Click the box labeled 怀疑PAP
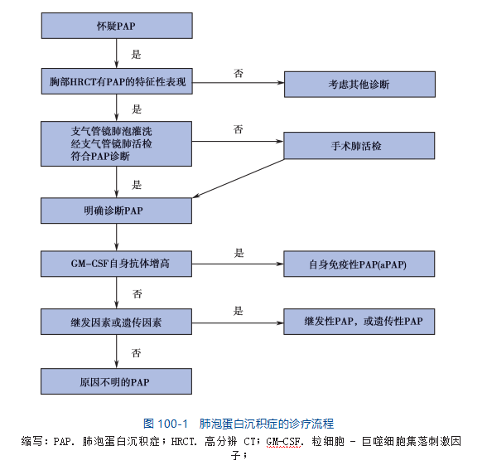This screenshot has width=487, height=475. pyautogui.click(x=117, y=26)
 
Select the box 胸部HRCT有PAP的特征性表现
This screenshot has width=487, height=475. pyautogui.click(x=117, y=81)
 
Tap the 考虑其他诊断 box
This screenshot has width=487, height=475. pyautogui.click(x=359, y=85)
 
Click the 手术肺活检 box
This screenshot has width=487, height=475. pyautogui.click(x=359, y=146)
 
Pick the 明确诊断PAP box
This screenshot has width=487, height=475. pyautogui.click(x=116, y=211)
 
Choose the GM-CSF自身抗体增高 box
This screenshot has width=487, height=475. pyautogui.click(x=116, y=264)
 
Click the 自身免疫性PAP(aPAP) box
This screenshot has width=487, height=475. pyautogui.click(x=359, y=264)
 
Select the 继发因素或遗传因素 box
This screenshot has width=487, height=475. pyautogui.click(x=116, y=322)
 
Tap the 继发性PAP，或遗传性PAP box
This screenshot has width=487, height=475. pyautogui.click(x=359, y=322)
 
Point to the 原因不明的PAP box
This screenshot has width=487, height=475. pyautogui.click(x=116, y=381)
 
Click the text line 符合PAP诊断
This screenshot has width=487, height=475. pyautogui.click(x=100, y=156)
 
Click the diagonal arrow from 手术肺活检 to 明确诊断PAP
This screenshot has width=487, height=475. pyautogui.click(x=239, y=178)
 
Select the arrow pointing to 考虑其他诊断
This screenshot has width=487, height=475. pyautogui.click(x=239, y=83)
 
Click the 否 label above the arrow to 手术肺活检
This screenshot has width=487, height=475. pyautogui.click(x=239, y=129)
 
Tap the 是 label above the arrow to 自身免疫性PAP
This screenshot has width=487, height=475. pyautogui.click(x=239, y=253)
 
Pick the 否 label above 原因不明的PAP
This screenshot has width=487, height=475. pyautogui.click(x=137, y=353)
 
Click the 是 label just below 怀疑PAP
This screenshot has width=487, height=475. pyautogui.click(x=136, y=55)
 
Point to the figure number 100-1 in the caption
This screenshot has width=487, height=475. pyautogui.click(x=172, y=424)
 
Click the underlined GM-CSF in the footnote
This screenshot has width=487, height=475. pyautogui.click(x=283, y=441)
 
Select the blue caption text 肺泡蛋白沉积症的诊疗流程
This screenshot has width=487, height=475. pyautogui.click(x=267, y=424)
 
